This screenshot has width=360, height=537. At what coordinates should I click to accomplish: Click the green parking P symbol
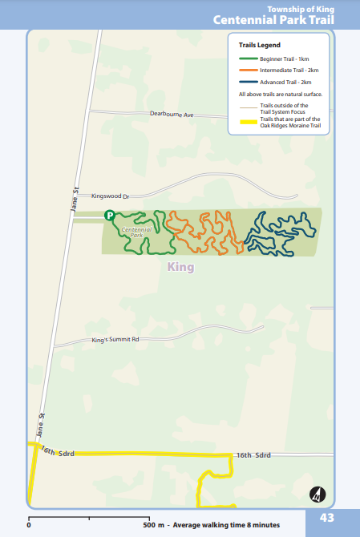(x=109, y=216)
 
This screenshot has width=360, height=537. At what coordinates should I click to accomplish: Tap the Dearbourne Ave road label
(x=172, y=115)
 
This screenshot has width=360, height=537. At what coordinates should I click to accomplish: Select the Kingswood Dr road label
(x=116, y=195)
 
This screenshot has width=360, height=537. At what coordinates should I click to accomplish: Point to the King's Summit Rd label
(x=115, y=340)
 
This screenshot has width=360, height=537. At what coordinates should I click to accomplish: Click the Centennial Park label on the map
(x=136, y=232)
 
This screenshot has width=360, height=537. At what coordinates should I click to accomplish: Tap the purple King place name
(x=180, y=268)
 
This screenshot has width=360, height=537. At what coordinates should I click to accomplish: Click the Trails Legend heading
(x=253, y=46)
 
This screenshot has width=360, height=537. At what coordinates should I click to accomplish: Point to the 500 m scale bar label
(x=154, y=525)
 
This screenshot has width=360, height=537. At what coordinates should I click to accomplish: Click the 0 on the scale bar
(x=29, y=525)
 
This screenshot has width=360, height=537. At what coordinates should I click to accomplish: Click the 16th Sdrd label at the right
(x=254, y=455)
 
